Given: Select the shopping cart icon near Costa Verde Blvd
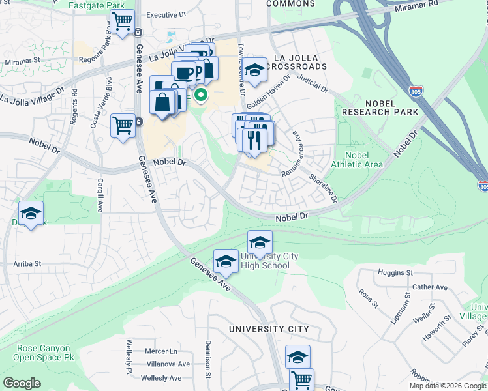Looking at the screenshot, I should (x=123, y=125).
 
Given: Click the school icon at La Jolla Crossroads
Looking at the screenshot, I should (x=255, y=69).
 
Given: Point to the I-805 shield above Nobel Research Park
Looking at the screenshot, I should (x=414, y=91).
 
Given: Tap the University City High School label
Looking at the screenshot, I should (x=269, y=261).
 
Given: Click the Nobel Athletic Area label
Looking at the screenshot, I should (x=357, y=160).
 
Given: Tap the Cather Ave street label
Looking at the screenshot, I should (x=430, y=287).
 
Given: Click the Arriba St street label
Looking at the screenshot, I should (x=27, y=264).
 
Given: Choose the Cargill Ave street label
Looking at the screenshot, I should (x=100, y=195).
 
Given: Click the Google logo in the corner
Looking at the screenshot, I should (x=22, y=383).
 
